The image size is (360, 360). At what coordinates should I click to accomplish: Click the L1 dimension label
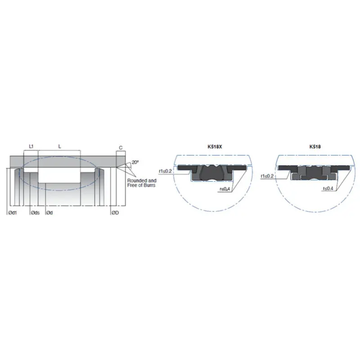coord(31,147)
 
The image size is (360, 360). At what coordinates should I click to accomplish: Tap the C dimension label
coord(121,148)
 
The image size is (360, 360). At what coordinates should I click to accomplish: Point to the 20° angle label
coord(135,162)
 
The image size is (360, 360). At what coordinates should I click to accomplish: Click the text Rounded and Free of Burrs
coord(142,182)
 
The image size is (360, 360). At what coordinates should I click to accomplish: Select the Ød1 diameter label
coord(12,212)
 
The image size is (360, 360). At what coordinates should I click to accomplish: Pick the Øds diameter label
coord(35,212)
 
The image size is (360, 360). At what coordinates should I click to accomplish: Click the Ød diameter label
coord(49,212)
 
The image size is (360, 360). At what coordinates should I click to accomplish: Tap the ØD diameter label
coord(115,212)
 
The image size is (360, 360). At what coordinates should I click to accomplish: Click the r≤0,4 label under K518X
coord(225,189)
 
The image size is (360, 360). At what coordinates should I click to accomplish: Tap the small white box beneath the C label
coord(120,159)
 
